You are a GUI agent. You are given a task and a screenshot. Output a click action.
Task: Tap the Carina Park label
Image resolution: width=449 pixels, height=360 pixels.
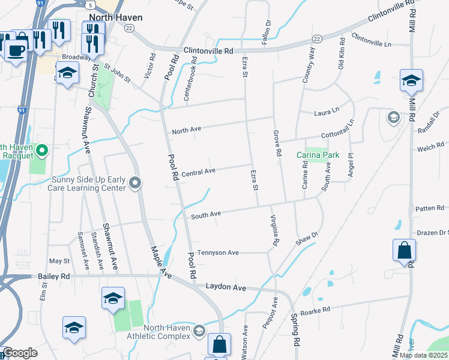tap(318, 155)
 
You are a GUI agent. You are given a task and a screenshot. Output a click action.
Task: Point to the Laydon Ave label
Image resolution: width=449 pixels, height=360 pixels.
tap(226, 287)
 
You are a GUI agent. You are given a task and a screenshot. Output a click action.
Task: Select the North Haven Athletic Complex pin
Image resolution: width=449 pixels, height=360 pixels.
tap(199, 331)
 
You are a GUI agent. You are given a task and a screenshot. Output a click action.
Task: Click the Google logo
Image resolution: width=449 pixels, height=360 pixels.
tap(20, 353)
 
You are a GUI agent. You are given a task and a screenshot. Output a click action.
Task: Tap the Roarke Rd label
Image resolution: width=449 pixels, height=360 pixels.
tap(317, 310)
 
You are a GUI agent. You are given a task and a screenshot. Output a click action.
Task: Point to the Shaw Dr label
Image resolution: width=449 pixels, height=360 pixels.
tap(306, 238)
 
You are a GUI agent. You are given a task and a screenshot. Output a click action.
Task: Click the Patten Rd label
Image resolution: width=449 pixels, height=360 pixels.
tap(432, 208)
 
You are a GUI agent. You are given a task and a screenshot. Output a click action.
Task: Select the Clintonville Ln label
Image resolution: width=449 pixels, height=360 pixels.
tap(371, 40)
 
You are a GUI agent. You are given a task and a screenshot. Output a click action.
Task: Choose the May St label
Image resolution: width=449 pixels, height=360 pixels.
tap(59, 261)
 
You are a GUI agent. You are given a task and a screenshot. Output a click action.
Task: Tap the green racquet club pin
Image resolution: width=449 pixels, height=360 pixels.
tap(42, 149)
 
